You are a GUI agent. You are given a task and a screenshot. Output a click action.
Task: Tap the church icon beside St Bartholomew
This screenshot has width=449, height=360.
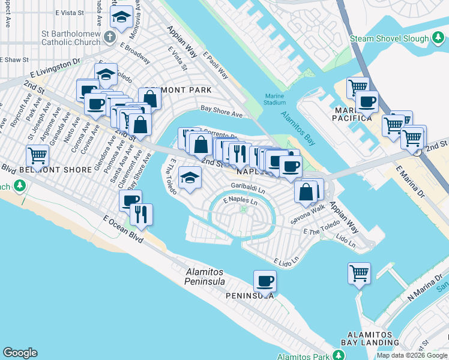109,37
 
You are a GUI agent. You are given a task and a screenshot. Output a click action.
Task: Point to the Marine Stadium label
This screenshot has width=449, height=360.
276,98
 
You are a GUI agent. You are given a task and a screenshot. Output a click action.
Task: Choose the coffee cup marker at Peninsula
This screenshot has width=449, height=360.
265,280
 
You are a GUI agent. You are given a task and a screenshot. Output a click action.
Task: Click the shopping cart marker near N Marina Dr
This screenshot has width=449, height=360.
358,273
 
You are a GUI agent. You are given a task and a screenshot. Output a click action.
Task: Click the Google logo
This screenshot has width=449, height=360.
20,353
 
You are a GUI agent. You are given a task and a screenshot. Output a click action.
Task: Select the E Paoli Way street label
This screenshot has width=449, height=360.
215,64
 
